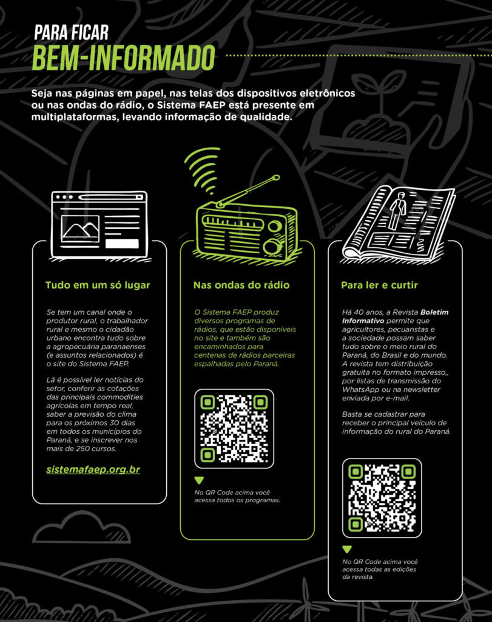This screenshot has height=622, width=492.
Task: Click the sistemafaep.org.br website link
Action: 93,470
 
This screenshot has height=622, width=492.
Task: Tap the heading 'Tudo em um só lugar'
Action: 98,285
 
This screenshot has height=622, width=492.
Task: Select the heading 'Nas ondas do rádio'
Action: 241,285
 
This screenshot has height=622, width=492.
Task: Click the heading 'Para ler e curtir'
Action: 379,285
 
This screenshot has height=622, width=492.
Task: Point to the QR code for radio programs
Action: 234,429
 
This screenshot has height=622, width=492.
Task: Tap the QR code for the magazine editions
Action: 382,498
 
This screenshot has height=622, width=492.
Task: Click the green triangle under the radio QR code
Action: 199,480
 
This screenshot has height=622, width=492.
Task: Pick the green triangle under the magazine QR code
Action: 347,549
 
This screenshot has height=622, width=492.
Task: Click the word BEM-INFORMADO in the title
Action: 124,58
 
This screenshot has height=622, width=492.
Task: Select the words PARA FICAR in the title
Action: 72,33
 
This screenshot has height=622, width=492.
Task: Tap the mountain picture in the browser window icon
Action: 81,229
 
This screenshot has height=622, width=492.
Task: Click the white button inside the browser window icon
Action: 122,244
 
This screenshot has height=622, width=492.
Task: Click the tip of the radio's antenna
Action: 277,178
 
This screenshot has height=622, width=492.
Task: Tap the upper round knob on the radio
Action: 274,227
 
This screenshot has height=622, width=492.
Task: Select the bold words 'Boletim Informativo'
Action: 396,316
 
